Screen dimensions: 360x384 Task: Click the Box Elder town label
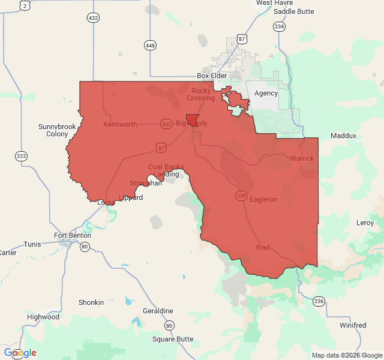(212, 76)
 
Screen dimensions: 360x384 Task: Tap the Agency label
(266, 94)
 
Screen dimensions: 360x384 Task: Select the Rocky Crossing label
(200, 94)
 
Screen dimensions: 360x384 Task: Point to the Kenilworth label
(120, 125)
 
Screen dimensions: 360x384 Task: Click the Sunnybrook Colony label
(57, 130)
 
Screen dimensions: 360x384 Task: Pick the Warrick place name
(301, 158)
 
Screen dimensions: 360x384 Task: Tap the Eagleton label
(263, 199)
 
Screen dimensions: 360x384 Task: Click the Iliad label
(263, 247)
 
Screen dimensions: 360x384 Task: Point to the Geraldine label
(158, 311)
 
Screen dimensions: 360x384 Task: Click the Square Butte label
(173, 339)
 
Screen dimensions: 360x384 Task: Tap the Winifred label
(353, 325)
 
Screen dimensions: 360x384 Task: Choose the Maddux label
(343, 136)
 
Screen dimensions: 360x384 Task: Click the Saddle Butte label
(293, 11)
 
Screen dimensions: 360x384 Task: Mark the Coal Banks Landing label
(166, 170)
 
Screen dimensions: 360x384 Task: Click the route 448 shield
(150, 45)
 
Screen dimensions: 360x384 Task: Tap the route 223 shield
(22, 156)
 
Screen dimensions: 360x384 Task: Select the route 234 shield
(279, 26)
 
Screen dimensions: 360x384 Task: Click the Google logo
(20, 353)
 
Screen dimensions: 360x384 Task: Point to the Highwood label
(43, 316)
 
